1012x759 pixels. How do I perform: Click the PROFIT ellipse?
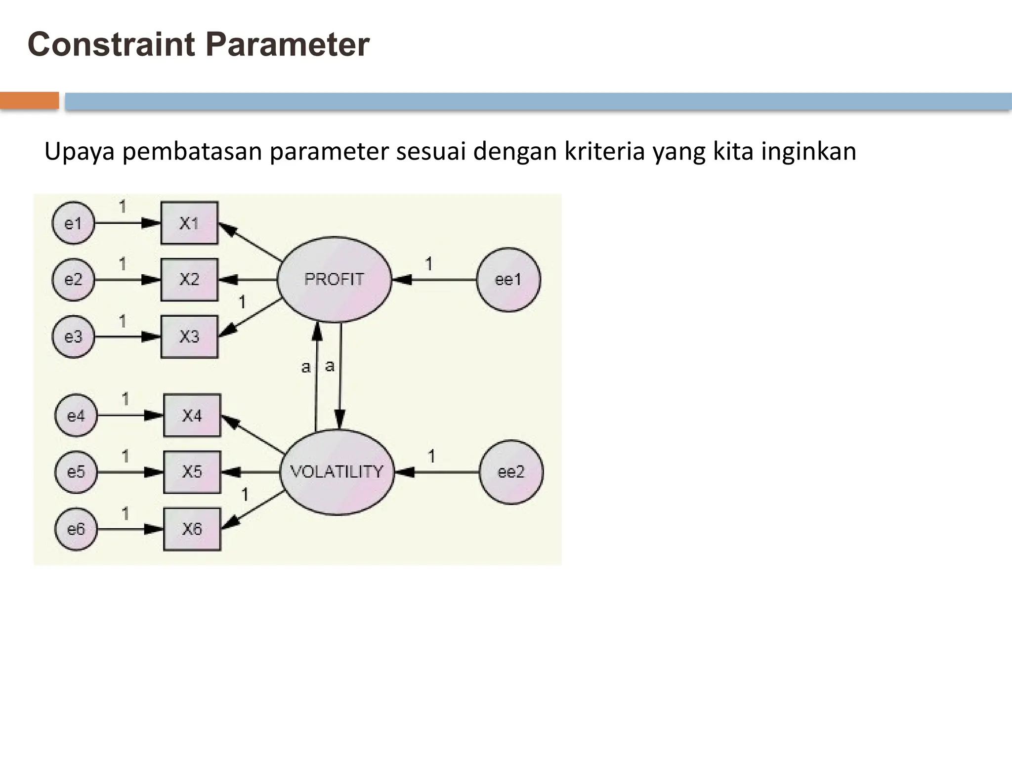coord(334,279)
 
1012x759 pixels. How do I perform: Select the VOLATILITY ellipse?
coord(337,472)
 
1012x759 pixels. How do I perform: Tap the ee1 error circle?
coord(508,280)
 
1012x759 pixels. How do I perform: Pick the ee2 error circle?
coord(511,472)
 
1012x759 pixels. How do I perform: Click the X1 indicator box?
coord(189,223)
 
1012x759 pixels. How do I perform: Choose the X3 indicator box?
coord(189,337)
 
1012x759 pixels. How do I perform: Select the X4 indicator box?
coord(192,416)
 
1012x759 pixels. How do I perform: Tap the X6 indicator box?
coord(192,529)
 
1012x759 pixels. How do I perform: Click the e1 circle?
coord(73,223)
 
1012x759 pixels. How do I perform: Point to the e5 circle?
coord(76,472)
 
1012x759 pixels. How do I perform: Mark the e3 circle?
coord(73,337)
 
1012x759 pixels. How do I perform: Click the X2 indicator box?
coord(189,280)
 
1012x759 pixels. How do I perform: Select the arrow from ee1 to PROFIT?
coord(435,280)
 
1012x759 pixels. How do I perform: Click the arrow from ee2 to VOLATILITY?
coord(437,472)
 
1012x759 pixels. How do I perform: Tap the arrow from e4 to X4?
coord(129,416)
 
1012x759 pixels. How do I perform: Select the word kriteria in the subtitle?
coord(604,152)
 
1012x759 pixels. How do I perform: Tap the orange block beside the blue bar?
coord(30,100)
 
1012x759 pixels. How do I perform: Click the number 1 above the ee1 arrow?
coord(429,264)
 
